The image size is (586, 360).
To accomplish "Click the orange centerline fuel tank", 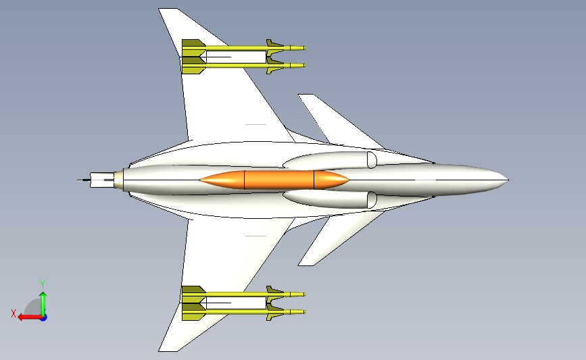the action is click(x=274, y=180).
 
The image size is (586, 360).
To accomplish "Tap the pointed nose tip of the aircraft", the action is click(x=508, y=180).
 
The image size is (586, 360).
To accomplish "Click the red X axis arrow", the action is click(x=30, y=317).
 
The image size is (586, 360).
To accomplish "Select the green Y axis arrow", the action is click(x=43, y=304).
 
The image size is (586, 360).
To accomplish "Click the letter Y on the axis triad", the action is click(x=43, y=284).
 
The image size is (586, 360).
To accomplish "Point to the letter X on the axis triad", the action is click(x=14, y=313).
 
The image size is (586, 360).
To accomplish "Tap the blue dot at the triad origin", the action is click(x=44, y=318).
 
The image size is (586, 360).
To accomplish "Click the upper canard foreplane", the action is click(x=337, y=120).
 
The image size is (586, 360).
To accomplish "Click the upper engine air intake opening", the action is click(x=372, y=160).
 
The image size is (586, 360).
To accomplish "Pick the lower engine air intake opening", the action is click(x=372, y=200).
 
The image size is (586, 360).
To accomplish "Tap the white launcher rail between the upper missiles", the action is click(x=235, y=57).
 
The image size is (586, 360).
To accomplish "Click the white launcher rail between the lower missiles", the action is click(x=235, y=303).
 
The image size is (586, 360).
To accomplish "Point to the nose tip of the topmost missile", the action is click(x=304, y=48).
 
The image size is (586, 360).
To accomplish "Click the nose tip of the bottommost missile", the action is click(x=304, y=312).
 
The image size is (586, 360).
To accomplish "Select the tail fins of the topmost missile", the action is click(x=193, y=48).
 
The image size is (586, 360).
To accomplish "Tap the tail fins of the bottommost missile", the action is click(x=193, y=312).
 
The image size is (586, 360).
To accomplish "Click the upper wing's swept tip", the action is click(x=168, y=9).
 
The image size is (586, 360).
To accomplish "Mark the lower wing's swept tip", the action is click(x=168, y=351).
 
